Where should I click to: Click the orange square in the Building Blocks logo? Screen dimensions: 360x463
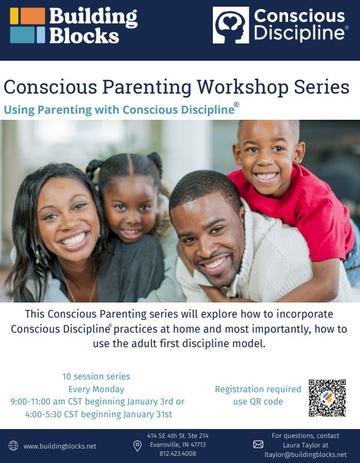(x=33, y=16)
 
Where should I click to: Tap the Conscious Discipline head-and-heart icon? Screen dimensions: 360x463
(x=231, y=25)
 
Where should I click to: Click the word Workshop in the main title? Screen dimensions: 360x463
(x=243, y=87)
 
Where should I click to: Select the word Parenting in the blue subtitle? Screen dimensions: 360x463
(x=65, y=110)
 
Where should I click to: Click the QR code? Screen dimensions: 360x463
(x=327, y=398)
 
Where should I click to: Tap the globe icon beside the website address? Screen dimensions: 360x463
(x=13, y=446)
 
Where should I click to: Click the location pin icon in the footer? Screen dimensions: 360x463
(x=137, y=446)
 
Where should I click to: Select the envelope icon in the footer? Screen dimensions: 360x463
(x=258, y=445)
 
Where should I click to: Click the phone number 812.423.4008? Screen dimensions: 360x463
(x=177, y=454)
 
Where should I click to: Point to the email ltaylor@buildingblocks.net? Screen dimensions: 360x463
(x=305, y=455)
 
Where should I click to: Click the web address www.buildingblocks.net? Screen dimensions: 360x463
(x=60, y=446)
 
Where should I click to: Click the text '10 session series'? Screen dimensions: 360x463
(x=96, y=377)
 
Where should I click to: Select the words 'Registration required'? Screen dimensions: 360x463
(x=258, y=389)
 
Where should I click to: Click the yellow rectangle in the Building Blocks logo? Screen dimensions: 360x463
(x=14, y=16)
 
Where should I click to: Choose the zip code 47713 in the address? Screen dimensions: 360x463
(x=198, y=445)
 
